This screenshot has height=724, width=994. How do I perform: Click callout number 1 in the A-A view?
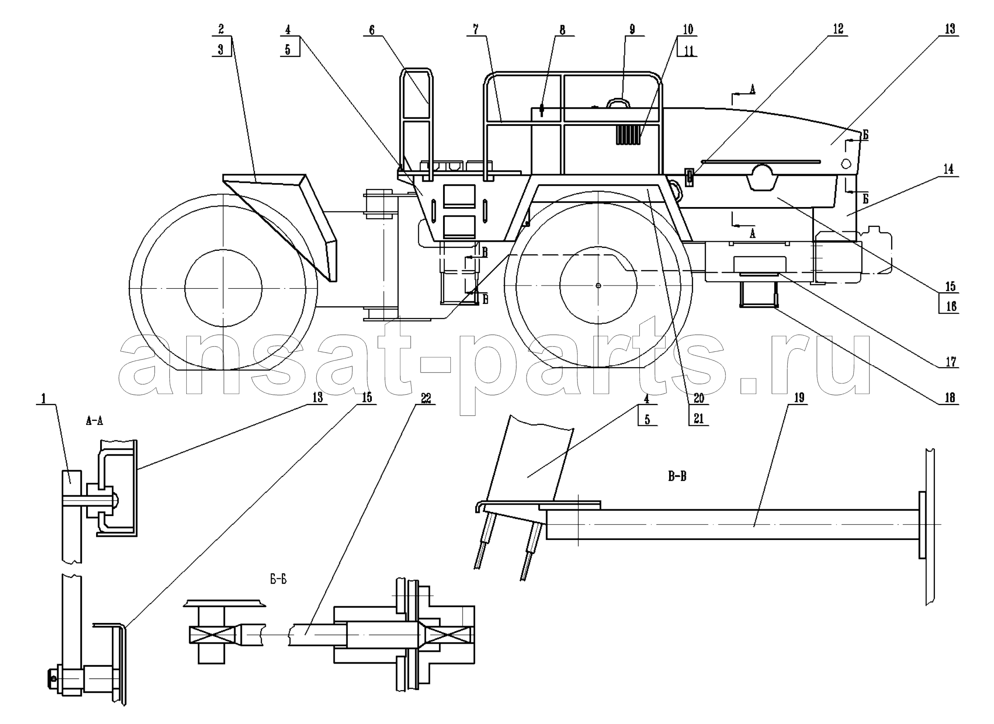point(44,399)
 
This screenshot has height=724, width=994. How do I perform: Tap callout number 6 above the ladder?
point(371,30)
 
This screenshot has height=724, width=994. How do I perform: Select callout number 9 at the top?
point(632,30)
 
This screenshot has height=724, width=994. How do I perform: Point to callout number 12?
point(838,29)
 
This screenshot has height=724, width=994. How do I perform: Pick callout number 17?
point(951,362)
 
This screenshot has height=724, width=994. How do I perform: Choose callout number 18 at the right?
point(950,397)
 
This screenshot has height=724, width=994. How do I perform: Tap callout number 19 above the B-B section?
point(799,398)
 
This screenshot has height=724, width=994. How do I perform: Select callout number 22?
point(425,398)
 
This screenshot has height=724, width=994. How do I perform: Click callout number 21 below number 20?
point(698,419)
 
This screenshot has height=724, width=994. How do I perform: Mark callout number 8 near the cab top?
point(562,30)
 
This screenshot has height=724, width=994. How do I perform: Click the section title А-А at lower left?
point(94,421)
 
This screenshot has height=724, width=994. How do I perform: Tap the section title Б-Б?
point(278,580)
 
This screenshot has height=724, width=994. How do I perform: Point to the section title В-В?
point(677,476)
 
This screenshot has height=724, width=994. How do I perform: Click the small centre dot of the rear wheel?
point(598,285)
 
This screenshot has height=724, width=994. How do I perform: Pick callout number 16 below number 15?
point(951,307)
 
